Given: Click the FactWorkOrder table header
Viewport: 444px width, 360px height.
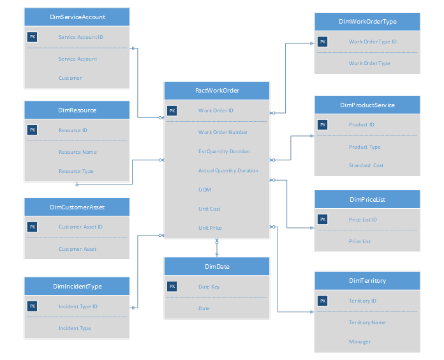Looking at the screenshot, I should (217, 91).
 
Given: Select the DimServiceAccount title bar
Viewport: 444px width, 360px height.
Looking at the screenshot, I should (77, 17).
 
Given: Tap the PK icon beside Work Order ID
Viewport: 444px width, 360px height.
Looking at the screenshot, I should (172, 110).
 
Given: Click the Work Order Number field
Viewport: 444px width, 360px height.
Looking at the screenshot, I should (223, 132).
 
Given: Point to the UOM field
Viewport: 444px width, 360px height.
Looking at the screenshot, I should (204, 190).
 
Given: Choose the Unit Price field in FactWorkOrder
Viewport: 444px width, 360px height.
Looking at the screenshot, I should (210, 228).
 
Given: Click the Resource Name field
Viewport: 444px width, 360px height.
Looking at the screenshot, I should (78, 152).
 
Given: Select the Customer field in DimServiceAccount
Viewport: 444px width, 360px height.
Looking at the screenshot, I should (70, 78).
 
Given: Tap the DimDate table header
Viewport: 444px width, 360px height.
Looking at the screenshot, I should (217, 266).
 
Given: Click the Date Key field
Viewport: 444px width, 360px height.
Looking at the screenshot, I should (209, 287).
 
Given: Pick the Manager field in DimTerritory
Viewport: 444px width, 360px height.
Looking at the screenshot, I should (360, 341).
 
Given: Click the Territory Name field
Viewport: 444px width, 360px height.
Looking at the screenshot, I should (367, 322).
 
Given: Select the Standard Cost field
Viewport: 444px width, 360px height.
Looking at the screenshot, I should (366, 165).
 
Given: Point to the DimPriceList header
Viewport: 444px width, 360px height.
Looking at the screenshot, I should (367, 199).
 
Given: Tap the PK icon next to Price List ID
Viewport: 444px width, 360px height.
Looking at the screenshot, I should (322, 220).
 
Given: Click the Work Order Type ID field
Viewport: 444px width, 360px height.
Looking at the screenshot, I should (373, 41).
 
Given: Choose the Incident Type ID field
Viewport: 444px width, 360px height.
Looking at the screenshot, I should (78, 306).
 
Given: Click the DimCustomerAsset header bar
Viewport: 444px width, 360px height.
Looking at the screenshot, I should (77, 207).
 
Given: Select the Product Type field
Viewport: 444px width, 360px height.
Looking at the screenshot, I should (364, 147).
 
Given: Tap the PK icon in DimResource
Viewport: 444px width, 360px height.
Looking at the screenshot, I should (32, 130).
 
